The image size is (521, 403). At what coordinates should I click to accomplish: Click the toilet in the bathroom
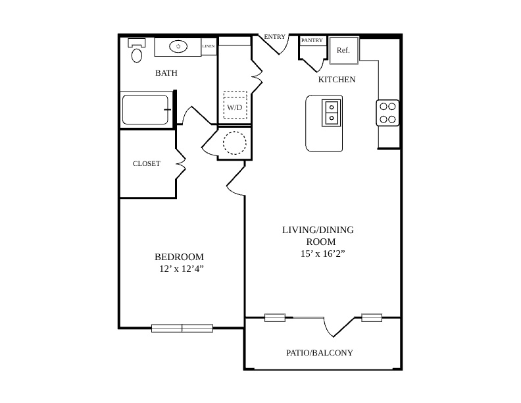[x=137, y=50]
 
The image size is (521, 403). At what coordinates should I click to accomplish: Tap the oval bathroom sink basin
[x=178, y=46]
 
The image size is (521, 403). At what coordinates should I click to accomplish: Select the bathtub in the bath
[x=145, y=110]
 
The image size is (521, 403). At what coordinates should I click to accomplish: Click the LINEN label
[x=209, y=46]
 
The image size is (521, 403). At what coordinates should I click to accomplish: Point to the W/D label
[x=235, y=107]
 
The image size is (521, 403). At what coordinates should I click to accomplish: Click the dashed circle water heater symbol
[x=235, y=143]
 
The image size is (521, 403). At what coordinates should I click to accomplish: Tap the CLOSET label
[x=147, y=163]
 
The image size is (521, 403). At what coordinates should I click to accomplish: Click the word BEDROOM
[x=179, y=257]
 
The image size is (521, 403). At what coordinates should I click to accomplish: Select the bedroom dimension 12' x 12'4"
[x=182, y=269]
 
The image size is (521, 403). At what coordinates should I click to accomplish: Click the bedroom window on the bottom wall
[x=182, y=328]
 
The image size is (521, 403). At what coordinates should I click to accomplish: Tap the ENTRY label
[x=274, y=37]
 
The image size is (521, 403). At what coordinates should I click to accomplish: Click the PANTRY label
[x=312, y=40]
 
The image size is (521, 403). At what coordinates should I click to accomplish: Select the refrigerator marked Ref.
[x=344, y=50]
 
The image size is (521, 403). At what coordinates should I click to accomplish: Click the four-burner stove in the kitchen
[x=387, y=113]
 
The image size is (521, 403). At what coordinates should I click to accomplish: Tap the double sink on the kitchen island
[x=332, y=113]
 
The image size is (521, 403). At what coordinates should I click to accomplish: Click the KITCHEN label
[x=337, y=80]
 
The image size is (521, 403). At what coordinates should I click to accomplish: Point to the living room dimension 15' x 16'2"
[x=322, y=254]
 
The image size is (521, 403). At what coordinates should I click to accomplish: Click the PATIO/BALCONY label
[x=319, y=352]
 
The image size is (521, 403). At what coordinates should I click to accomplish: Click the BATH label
[x=166, y=73]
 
